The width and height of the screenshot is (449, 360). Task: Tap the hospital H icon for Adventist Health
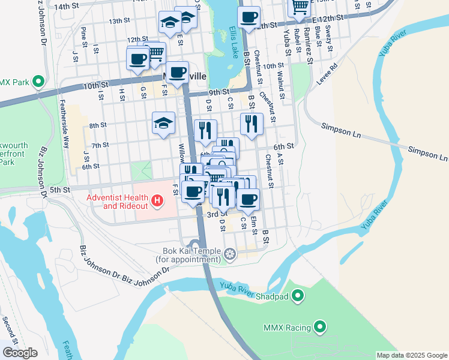click(157, 200)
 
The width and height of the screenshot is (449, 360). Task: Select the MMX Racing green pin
click(321, 327)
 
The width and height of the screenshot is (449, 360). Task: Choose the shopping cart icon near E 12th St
click(299, 7)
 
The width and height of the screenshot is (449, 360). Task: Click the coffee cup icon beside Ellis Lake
click(249, 18)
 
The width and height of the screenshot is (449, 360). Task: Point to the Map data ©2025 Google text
click(411, 355)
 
